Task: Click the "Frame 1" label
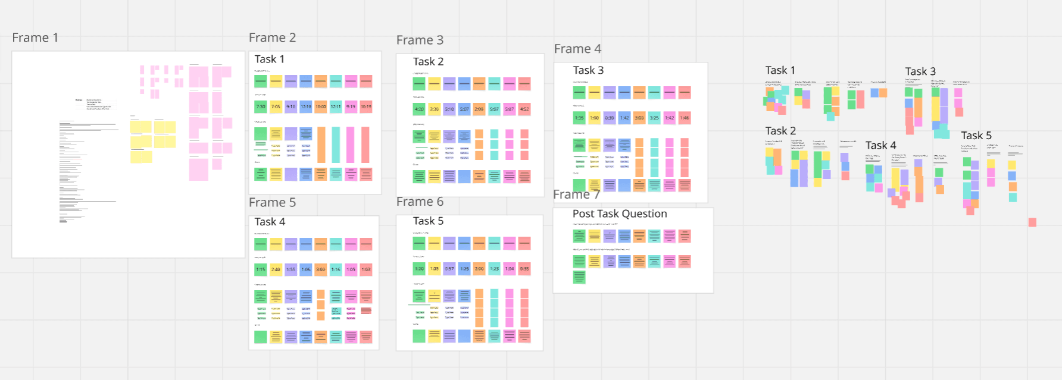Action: (35, 38)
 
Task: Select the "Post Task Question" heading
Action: (620, 213)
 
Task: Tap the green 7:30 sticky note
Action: (261, 107)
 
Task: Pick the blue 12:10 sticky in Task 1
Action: (306, 107)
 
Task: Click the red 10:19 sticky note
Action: (366, 107)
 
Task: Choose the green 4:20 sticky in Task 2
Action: (419, 109)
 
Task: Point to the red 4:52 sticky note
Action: (524, 109)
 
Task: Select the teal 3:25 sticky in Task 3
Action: (654, 118)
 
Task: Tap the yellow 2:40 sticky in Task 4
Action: (276, 269)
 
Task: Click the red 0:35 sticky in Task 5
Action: (524, 269)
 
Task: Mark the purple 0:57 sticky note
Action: (449, 269)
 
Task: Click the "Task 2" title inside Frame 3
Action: (428, 62)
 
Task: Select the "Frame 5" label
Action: (272, 203)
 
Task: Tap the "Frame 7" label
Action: (576, 195)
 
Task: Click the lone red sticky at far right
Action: (1032, 222)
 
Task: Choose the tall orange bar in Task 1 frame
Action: (321, 145)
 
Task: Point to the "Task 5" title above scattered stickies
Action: (976, 136)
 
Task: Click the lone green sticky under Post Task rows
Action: (579, 277)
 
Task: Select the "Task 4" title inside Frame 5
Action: (270, 222)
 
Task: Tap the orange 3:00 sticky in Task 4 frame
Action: (321, 269)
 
